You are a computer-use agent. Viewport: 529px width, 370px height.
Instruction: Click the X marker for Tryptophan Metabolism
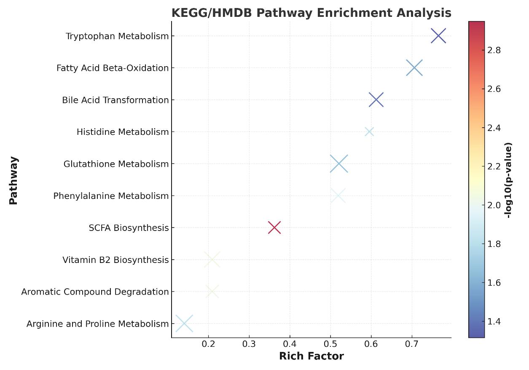click(x=438, y=36)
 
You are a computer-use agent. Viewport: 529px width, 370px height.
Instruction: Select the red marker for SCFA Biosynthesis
click(x=274, y=228)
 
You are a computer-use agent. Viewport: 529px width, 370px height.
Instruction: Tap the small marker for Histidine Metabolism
click(x=369, y=132)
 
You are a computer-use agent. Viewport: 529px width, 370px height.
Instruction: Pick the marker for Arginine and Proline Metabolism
click(x=184, y=324)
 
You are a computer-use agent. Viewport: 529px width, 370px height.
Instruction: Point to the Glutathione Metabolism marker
click(x=339, y=164)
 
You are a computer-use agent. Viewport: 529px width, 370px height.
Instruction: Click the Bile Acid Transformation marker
click(x=376, y=100)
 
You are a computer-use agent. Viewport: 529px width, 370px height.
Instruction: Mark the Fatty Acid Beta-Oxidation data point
click(x=414, y=68)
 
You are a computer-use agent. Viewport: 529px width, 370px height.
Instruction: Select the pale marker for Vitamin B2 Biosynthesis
click(x=212, y=260)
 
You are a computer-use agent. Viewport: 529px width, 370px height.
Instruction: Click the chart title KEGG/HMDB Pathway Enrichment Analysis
click(x=311, y=13)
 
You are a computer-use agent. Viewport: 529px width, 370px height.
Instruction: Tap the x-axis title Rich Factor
click(x=311, y=356)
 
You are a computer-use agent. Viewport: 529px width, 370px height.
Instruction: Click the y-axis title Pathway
click(x=13, y=180)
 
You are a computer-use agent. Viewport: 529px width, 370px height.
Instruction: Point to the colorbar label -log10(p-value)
click(x=508, y=180)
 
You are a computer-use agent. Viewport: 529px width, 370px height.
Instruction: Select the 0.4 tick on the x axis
click(x=290, y=344)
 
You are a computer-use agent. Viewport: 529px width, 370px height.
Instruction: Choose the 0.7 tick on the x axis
click(x=412, y=344)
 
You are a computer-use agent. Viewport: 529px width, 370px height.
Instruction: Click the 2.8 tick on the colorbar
click(x=494, y=50)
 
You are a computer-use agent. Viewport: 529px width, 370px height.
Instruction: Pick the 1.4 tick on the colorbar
click(x=494, y=322)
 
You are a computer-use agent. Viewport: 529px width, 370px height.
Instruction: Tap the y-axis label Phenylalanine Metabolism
click(x=111, y=196)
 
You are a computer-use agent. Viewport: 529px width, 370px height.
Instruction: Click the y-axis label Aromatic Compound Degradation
click(x=95, y=292)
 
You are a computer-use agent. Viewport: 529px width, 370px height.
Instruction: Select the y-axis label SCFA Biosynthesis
click(x=129, y=228)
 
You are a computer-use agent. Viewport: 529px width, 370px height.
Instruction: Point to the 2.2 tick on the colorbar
click(x=494, y=166)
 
